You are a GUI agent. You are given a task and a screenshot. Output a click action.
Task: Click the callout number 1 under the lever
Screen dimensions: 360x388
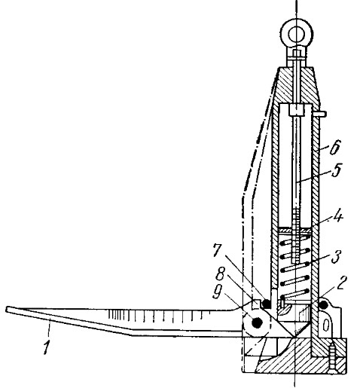pos(46,347)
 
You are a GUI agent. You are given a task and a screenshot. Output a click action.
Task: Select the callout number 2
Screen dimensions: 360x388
pos(341,283)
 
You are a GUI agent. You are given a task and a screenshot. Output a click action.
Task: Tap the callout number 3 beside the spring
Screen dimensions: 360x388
pos(336,258)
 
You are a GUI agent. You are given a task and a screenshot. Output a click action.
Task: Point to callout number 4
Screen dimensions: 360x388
pos(337,217)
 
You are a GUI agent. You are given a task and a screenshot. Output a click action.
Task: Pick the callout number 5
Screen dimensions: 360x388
pos(337,170)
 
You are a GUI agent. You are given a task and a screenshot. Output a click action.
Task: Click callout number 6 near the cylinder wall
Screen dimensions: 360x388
pos(335,147)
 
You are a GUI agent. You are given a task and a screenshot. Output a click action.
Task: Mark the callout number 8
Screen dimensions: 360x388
pos(220,274)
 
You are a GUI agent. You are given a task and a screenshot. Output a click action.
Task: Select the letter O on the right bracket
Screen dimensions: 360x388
pos(325,325)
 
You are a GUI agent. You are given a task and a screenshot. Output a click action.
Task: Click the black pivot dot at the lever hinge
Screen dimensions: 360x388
pos(257,322)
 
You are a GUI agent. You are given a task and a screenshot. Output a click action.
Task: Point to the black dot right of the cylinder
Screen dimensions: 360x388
pos(322,304)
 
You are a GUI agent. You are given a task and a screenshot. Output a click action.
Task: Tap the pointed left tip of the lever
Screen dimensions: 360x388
pos(8,310)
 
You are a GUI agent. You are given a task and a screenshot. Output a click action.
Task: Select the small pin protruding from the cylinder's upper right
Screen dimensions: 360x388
pos(320,114)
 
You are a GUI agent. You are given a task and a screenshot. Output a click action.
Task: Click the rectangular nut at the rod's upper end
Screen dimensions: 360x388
pos(297,110)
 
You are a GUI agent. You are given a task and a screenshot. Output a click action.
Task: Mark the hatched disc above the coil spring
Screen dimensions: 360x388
pos(295,230)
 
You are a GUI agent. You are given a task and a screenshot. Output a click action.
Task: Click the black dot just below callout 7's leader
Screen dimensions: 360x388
pos(266,304)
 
